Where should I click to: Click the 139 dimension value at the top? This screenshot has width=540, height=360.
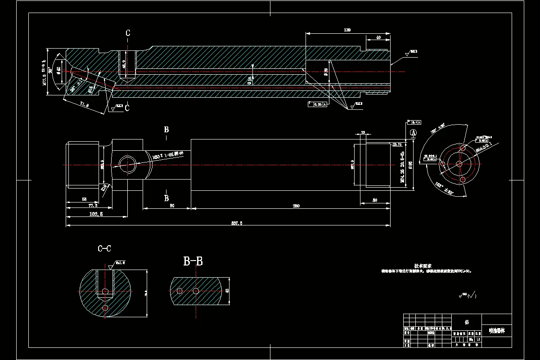(x=347, y=30)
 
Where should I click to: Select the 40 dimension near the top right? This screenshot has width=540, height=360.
(x=378, y=38)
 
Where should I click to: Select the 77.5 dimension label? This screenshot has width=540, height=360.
(x=80, y=205)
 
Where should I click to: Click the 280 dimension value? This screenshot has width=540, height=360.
(x=295, y=206)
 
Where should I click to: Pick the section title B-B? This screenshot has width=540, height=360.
(x=193, y=261)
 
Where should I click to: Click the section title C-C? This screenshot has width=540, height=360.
(x=104, y=249)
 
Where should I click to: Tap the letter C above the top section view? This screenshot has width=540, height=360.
(x=128, y=33)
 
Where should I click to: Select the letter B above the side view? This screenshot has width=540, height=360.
(x=166, y=130)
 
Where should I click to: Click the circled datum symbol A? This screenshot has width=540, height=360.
(x=413, y=133)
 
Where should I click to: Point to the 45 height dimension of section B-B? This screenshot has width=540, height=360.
(x=227, y=291)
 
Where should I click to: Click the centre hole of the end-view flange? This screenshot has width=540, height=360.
(x=460, y=164)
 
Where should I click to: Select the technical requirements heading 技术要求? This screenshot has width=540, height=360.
(x=423, y=265)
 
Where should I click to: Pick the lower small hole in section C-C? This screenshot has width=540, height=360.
(x=105, y=307)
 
